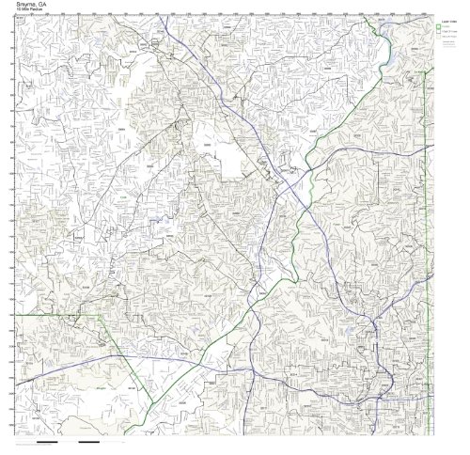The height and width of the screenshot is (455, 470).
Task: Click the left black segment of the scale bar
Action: pyautogui.click(x=47, y=441)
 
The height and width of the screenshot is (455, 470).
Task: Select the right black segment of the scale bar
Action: pyautogui.click(x=89, y=441)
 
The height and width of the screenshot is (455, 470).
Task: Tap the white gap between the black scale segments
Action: pyautogui.click(x=69, y=441)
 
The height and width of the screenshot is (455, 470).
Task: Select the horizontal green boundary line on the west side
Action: pyautogui.click(x=56, y=317)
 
